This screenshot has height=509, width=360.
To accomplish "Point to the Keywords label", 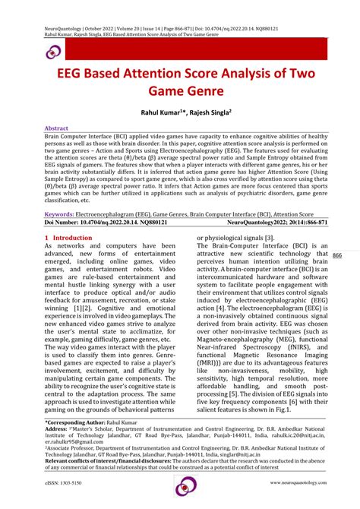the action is point(62,215).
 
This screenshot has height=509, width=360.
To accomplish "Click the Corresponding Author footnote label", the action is point(77,421).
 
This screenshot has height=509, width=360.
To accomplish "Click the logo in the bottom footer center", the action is point(186,486).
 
